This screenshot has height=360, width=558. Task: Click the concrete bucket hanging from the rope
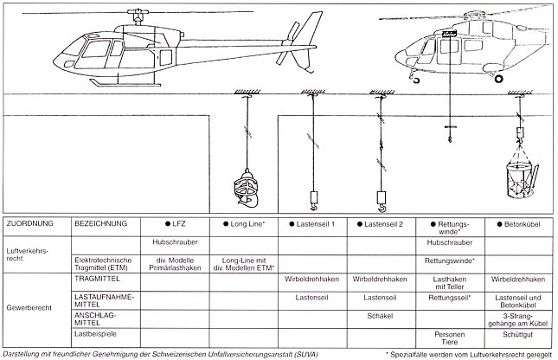tap(517, 180)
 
